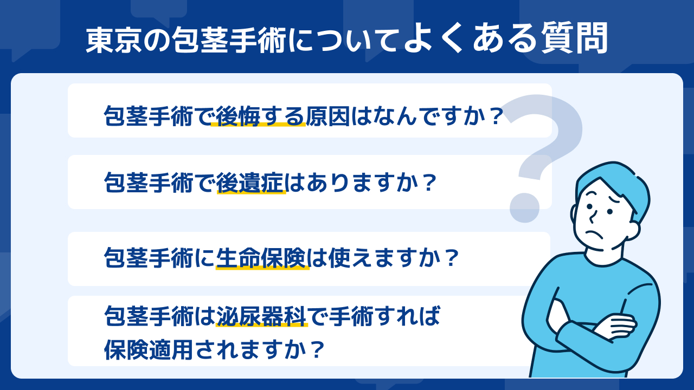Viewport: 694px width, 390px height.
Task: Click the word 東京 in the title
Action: coord(113,40)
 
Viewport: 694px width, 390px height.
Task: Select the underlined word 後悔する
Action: coord(260,116)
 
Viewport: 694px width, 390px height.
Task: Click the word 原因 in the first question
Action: coord(328,116)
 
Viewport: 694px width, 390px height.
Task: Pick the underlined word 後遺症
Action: coord(250,183)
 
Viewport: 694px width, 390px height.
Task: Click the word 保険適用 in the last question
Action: coord(149,350)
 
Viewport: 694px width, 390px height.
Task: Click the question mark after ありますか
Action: coord(429,183)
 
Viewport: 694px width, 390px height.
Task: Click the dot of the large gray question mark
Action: coord(525,207)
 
